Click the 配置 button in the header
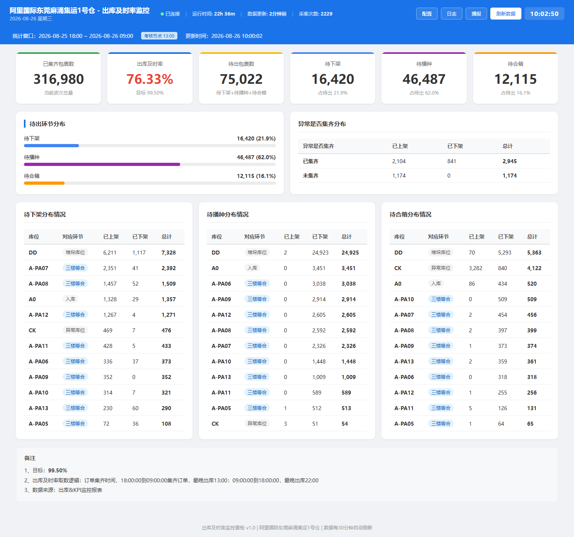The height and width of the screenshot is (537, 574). click(x=427, y=14)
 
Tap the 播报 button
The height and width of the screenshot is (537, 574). click(x=476, y=14)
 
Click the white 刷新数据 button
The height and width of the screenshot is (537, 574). click(x=505, y=14)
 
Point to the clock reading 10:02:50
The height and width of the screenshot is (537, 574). click(x=544, y=14)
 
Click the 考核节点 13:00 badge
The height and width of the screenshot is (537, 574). click(x=159, y=36)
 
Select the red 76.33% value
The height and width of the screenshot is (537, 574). click(x=150, y=79)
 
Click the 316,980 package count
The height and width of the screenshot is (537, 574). click(x=58, y=79)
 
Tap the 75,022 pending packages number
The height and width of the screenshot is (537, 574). click(x=241, y=79)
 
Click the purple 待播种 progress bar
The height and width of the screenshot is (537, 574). click(x=102, y=164)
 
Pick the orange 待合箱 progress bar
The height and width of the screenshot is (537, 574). click(x=44, y=183)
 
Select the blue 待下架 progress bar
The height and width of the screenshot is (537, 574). click(x=51, y=146)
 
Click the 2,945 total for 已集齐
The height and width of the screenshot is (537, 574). click(x=509, y=161)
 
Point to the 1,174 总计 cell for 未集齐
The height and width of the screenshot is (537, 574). click(x=509, y=176)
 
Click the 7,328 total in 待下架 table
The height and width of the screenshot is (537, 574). click(x=169, y=253)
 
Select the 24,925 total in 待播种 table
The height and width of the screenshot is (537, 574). click(x=350, y=253)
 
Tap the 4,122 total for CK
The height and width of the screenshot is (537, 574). click(x=534, y=268)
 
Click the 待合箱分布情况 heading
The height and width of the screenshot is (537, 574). click(x=410, y=214)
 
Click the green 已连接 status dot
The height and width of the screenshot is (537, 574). click(x=162, y=14)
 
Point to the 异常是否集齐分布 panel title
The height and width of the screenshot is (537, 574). click(x=322, y=124)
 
